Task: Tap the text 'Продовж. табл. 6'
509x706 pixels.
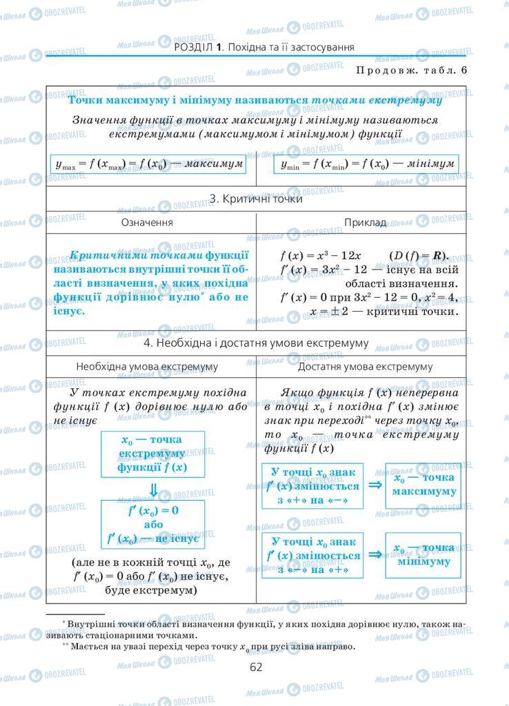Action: [412, 70]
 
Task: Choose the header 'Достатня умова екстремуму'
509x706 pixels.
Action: [363, 366]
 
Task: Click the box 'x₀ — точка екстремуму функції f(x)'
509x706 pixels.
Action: [152, 454]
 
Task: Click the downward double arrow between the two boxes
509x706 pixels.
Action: [154, 490]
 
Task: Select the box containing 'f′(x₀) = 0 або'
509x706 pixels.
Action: [152, 525]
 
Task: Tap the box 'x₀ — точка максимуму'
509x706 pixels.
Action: [423, 485]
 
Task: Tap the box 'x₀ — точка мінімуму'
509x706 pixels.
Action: [423, 554]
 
